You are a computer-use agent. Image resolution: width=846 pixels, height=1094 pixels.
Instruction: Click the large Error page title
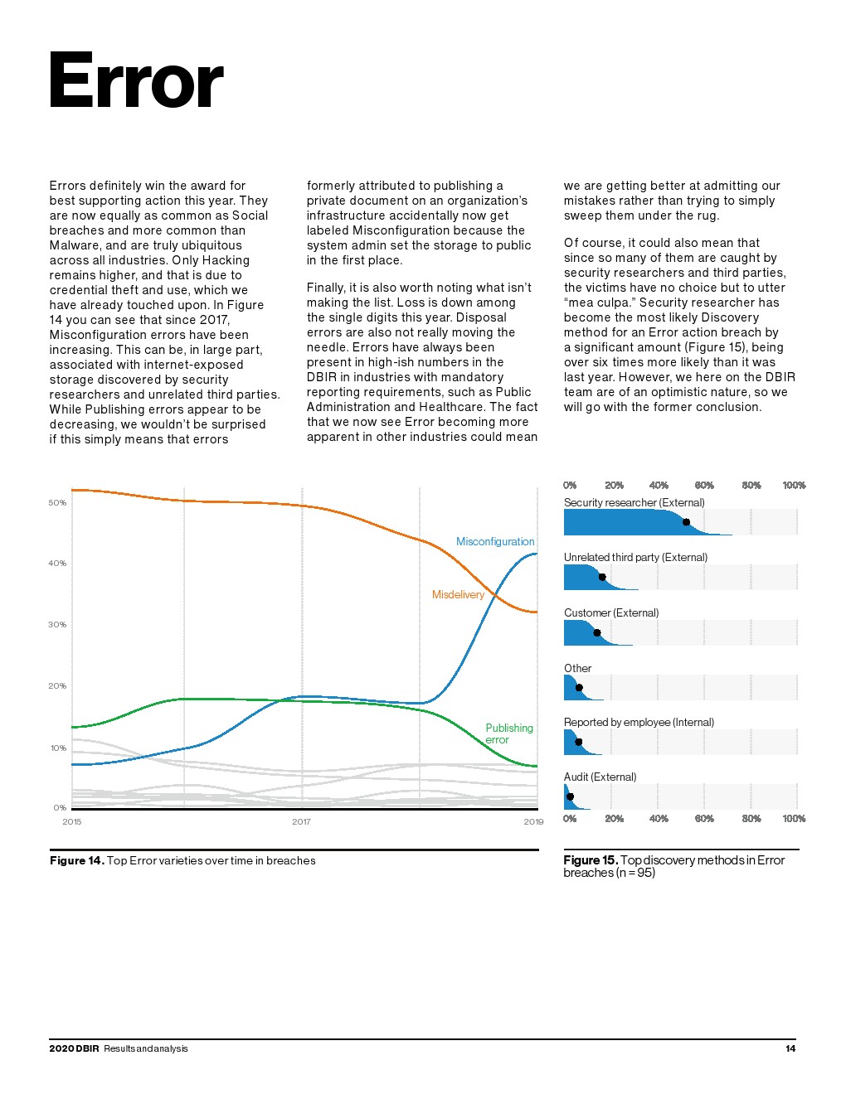[136, 81]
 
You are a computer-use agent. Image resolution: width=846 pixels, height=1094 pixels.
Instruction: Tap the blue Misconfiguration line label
[495, 542]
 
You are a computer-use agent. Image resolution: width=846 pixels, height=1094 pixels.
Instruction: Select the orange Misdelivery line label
[458, 595]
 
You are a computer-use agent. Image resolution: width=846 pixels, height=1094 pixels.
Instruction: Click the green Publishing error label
[508, 733]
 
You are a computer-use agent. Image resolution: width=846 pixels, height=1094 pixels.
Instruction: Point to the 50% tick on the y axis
[57, 503]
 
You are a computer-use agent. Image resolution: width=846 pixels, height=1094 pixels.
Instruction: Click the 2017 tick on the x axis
[301, 822]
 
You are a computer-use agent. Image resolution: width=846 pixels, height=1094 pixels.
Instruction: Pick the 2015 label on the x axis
[72, 822]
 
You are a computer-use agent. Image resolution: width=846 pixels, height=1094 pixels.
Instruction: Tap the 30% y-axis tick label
[57, 625]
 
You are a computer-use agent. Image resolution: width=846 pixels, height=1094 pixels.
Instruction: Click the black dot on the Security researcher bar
[686, 522]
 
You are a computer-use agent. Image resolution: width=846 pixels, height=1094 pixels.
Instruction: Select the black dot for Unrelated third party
[602, 578]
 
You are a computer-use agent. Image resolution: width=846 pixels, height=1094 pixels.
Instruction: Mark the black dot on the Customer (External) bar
[597, 633]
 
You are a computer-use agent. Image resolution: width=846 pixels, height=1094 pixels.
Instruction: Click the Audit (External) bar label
[600, 777]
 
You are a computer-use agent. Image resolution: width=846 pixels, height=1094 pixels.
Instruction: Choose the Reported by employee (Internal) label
[639, 723]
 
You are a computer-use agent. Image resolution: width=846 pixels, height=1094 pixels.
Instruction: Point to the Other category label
[577, 669]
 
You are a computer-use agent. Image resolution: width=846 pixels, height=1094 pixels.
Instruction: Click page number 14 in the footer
[790, 1049]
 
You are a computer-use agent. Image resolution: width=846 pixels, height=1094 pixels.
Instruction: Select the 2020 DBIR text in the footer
[74, 1049]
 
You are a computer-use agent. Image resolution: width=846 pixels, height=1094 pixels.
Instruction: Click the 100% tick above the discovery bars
[794, 486]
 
